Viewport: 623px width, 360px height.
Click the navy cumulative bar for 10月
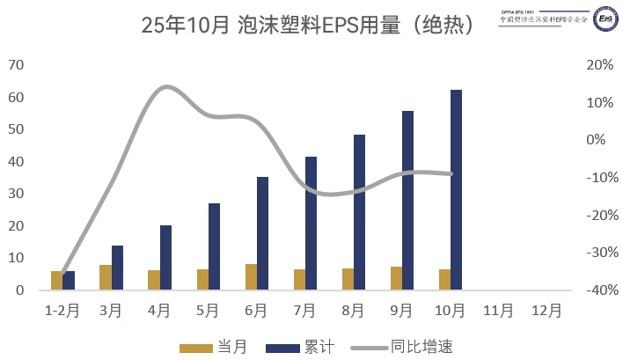(x=456, y=190)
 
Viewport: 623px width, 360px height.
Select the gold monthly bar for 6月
(x=251, y=277)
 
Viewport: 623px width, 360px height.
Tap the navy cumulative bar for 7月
(x=311, y=224)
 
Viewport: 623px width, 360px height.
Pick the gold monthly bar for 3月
(x=106, y=277)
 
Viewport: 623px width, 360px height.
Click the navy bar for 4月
(x=165, y=258)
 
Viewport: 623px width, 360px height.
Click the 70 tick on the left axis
(x=16, y=65)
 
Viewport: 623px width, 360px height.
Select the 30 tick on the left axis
(x=16, y=194)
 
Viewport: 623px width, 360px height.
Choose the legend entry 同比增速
(x=423, y=348)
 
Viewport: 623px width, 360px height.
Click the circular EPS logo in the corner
(x=605, y=18)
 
